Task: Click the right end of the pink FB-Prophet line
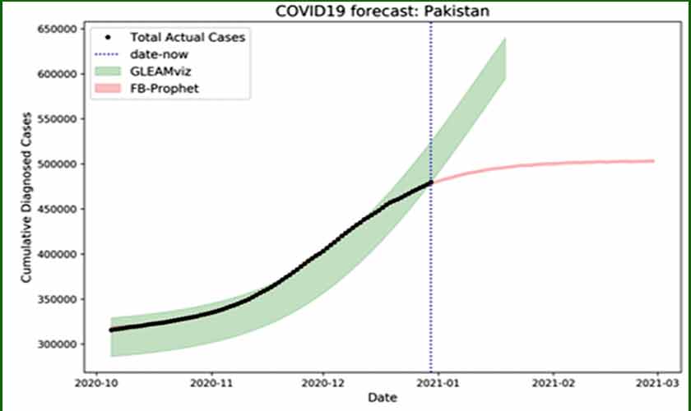[653, 161]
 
